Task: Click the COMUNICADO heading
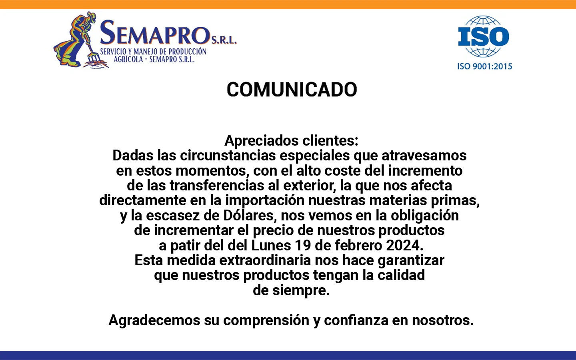292,90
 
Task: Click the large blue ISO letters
484,36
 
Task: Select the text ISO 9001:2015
485,66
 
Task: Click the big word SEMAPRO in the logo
155,33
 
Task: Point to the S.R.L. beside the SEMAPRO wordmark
224,40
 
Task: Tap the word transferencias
217,186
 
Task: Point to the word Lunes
271,246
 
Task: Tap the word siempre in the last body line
301,290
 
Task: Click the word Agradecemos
154,320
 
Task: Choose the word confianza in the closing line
356,320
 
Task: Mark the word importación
265,200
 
